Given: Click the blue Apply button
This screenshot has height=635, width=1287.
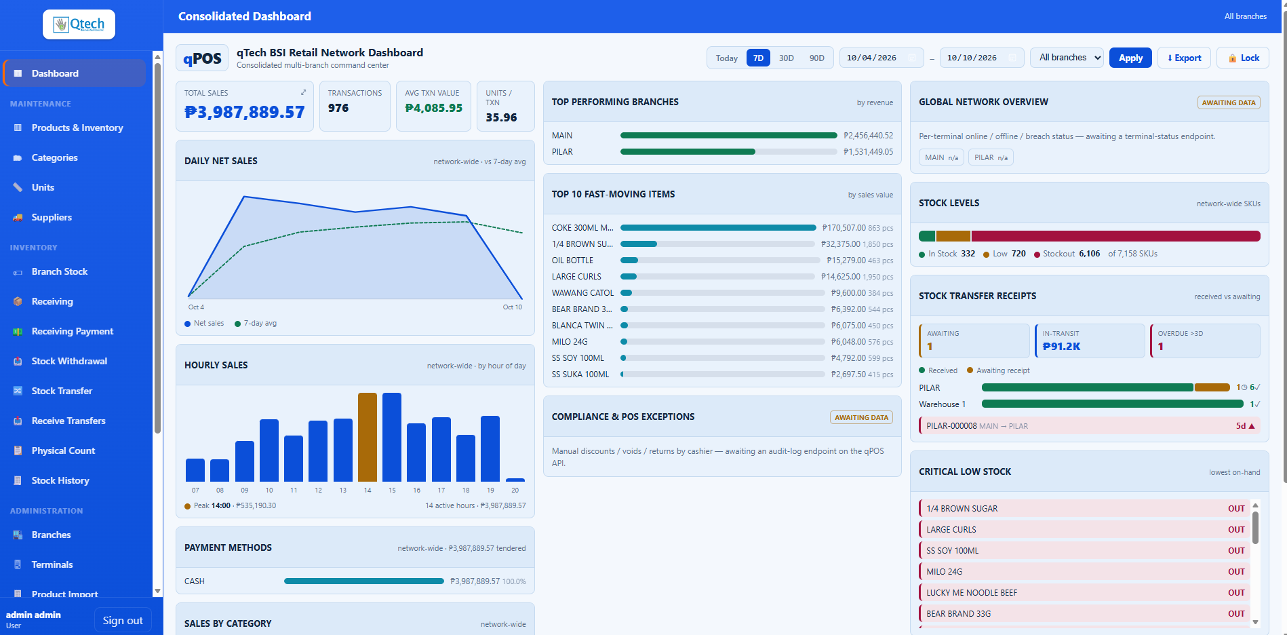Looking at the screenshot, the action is pos(1130,58).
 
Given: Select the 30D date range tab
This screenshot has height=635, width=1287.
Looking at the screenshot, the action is pos(786,58).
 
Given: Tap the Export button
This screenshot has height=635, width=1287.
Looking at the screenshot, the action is pos(1184,58).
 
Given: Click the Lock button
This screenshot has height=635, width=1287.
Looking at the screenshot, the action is pos(1243,58).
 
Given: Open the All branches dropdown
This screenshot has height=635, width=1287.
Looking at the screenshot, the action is pos(1067,58).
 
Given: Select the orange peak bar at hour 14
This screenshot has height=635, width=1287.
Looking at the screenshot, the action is pos(368,437).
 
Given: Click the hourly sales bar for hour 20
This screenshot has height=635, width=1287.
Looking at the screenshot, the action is pos(515,480).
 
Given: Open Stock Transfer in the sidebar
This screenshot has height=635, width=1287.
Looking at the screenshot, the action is pos(62,391).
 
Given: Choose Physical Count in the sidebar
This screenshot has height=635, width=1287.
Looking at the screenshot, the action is pos(63,450).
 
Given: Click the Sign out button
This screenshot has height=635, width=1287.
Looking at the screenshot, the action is pos(123,620).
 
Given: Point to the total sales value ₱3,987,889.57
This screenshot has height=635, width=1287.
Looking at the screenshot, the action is pos(245,112).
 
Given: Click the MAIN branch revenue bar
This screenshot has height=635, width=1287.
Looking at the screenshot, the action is pos(729,136).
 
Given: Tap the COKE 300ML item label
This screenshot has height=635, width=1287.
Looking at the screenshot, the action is pos(582,228).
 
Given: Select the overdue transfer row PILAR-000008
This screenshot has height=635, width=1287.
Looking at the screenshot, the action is pos(1089,426).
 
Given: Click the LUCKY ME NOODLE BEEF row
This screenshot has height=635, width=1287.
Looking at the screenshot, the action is pos(1084,593).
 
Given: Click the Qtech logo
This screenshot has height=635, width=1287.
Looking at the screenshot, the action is pos(79,24).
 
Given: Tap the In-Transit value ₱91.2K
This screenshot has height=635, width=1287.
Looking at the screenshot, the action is pos(1061,346).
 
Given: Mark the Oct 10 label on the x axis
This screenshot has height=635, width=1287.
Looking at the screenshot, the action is pos(513,307).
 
